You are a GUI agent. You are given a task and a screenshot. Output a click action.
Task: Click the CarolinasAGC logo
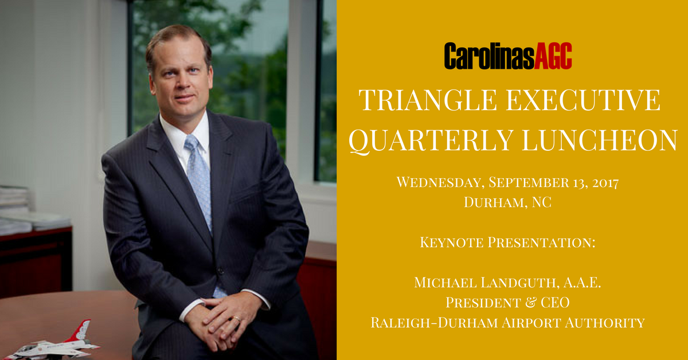[x=508, y=56]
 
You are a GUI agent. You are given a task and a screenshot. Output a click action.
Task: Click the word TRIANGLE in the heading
[x=428, y=100]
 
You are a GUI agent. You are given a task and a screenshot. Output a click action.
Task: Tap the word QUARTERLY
[x=431, y=140]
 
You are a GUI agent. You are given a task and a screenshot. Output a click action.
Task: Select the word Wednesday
[x=441, y=182]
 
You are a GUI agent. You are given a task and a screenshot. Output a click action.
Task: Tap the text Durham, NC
[x=507, y=202]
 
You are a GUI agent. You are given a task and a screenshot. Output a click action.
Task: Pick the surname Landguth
[x=519, y=283]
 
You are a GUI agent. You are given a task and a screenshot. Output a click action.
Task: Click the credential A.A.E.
[x=582, y=283]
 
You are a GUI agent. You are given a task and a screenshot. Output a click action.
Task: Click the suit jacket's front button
[x=220, y=271]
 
